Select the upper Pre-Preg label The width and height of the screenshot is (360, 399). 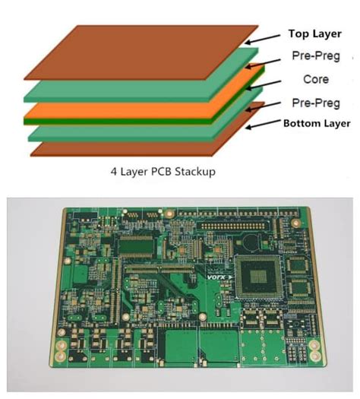[315, 56]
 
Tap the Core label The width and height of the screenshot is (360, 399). [314, 79]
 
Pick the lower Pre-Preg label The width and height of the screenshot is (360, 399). [315, 103]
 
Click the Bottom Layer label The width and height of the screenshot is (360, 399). [317, 123]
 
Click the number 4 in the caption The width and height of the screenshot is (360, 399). [114, 172]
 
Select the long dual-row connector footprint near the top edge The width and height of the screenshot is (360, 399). [238, 226]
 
